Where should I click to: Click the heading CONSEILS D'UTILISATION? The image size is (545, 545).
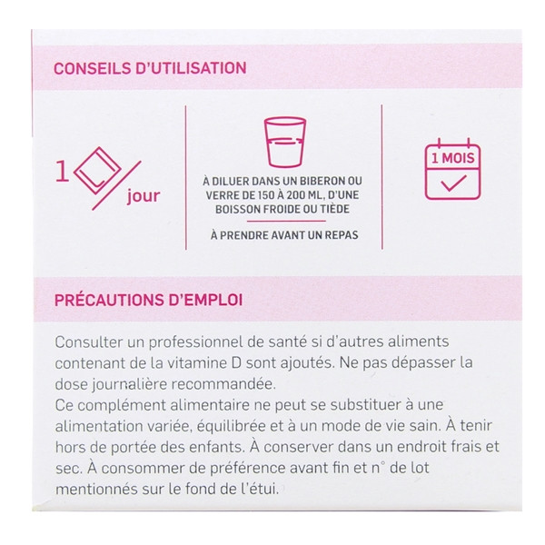[150, 68]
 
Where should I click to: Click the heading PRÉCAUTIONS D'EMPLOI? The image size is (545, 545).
[149, 300]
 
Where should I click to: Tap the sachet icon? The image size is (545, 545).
[98, 171]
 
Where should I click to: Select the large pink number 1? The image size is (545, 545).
[62, 171]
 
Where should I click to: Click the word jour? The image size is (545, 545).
[144, 195]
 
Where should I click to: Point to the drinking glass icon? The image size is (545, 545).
[285, 143]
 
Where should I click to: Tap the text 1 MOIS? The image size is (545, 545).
[452, 158]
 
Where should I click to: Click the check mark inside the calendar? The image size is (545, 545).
[453, 183]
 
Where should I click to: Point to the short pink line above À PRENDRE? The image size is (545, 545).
[286, 221]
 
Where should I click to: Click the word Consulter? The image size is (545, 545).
[89, 342]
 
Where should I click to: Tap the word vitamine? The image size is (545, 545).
[197, 362]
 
